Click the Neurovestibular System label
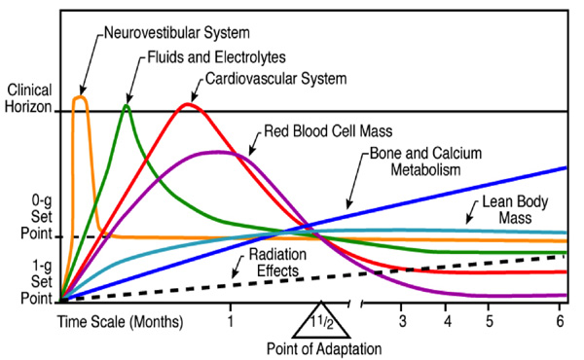(x=177, y=33)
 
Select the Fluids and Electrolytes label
(x=217, y=57)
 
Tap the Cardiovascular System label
(x=276, y=79)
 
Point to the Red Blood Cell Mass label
(x=328, y=131)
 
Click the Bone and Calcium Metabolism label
(x=425, y=162)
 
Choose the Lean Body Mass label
(x=516, y=209)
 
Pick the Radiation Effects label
(x=277, y=263)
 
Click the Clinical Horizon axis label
(x=28, y=98)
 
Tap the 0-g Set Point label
(x=37, y=217)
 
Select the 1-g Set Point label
(x=37, y=282)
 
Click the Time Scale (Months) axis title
(x=121, y=321)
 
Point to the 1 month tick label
(x=231, y=320)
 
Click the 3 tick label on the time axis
(x=402, y=320)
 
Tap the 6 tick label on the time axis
(x=561, y=320)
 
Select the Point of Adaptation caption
(x=324, y=349)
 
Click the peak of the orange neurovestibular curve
(x=81, y=97)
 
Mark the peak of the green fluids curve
(x=127, y=106)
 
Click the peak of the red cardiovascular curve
(x=188, y=104)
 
